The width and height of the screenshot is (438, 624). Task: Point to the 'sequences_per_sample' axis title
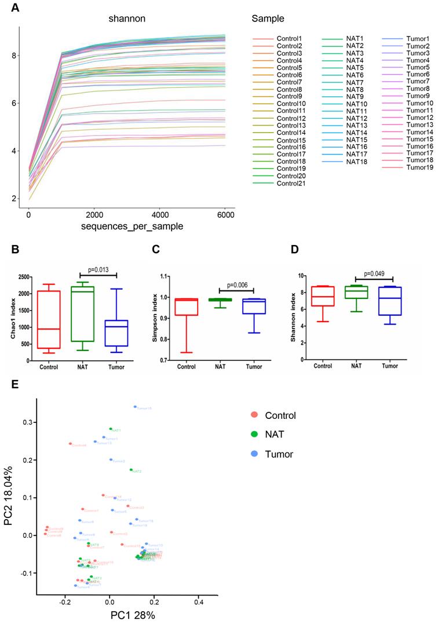pyautogui.click(x=129, y=227)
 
